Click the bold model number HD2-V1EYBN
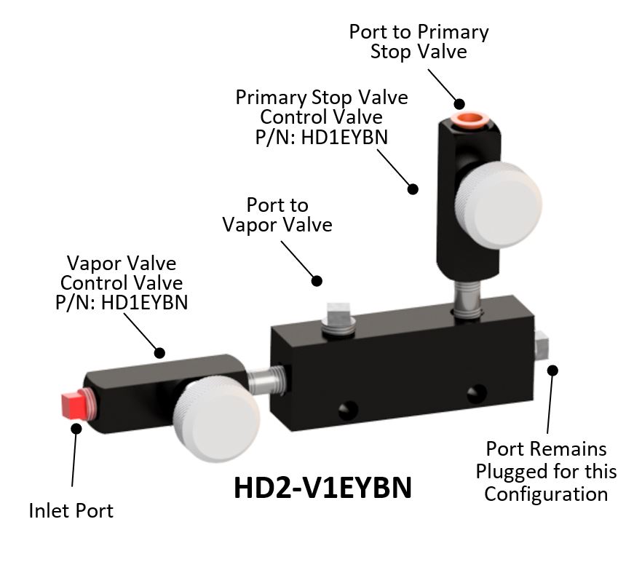tap(322, 488)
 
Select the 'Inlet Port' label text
tap(71, 511)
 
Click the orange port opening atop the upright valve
tap(467, 117)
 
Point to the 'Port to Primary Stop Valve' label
tap(419, 41)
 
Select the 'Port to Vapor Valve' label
tap(277, 215)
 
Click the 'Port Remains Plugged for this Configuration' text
tap(546, 471)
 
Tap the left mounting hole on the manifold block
tap(349, 405)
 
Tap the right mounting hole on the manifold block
tap(477, 393)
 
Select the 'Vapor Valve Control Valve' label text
tap(122, 282)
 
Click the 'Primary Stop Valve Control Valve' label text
tap(322, 117)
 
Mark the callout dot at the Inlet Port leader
tap(75, 428)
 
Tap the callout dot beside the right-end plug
tap(552, 370)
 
